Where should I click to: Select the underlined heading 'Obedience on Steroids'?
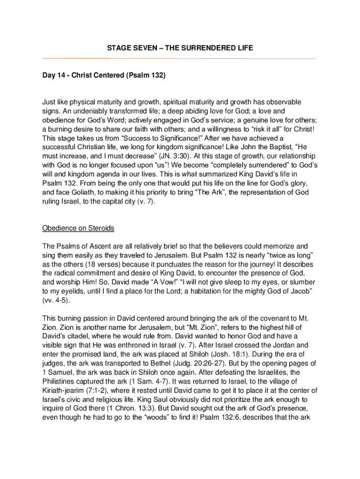pyautogui.click(x=79, y=228)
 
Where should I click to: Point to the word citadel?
pyautogui.click(x=79, y=336)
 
